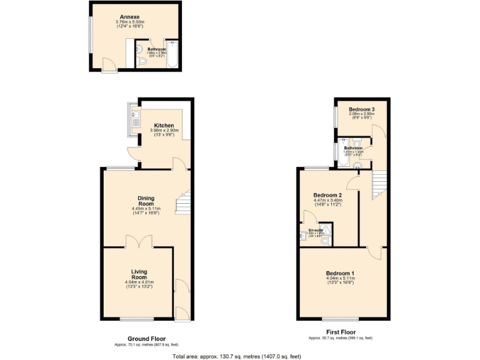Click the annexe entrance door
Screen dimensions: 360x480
[x=108, y=64]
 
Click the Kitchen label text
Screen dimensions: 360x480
[x=164, y=125]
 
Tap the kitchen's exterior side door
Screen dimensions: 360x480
[x=132, y=152]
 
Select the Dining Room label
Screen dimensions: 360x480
[x=146, y=201]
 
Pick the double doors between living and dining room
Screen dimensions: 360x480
[x=137, y=241]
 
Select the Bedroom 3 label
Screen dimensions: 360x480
[x=361, y=109]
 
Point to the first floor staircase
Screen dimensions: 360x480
[x=379, y=184]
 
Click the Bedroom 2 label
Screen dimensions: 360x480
[x=327, y=195]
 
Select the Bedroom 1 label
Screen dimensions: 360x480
[x=339, y=273]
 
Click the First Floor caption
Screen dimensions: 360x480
[x=341, y=332]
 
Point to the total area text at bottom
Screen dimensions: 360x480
[x=237, y=356]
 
